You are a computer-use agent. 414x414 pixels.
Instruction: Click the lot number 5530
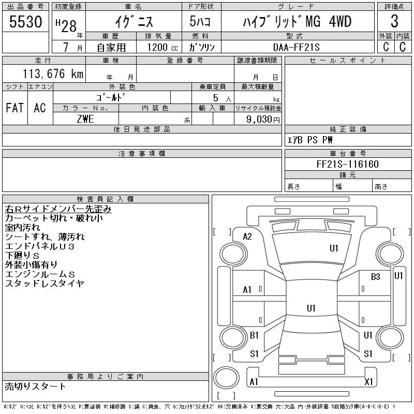26,22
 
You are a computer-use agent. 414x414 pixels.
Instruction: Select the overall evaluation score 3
394,22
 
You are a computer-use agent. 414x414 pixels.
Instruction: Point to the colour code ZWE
86,119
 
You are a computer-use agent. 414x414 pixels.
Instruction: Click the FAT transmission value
14,108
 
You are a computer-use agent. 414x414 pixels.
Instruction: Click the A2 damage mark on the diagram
247,236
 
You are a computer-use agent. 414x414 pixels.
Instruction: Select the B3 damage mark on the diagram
375,277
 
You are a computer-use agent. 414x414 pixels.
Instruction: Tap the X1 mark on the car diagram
368,382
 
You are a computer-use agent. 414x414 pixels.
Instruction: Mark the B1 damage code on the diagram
254,335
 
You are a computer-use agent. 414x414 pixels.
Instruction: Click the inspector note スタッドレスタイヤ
45,284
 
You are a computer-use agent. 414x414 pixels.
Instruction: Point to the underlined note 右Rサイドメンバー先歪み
58,209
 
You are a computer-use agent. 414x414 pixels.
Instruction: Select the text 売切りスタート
36,386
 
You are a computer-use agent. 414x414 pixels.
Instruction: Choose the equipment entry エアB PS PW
310,140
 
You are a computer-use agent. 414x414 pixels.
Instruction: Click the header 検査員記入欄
105,199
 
